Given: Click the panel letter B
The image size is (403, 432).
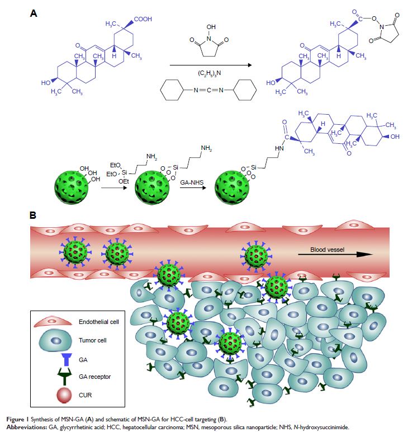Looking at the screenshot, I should click(34, 215).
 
